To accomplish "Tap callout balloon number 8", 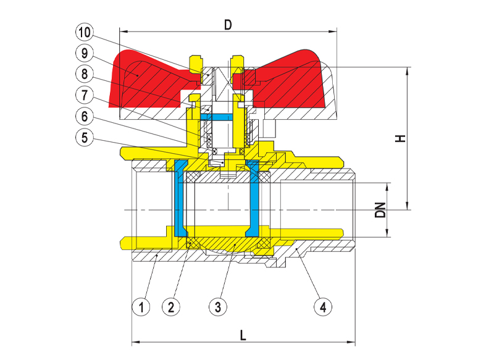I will click(x=84, y=74).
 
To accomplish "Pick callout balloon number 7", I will click(x=84, y=95).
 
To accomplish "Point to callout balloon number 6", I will click(x=84, y=116).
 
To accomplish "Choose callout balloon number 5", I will click(x=84, y=138).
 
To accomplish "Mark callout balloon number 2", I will click(x=172, y=305).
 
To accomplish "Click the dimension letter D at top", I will click(x=228, y=25).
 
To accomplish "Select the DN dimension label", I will click(x=381, y=211).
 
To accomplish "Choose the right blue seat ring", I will click(x=253, y=198).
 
